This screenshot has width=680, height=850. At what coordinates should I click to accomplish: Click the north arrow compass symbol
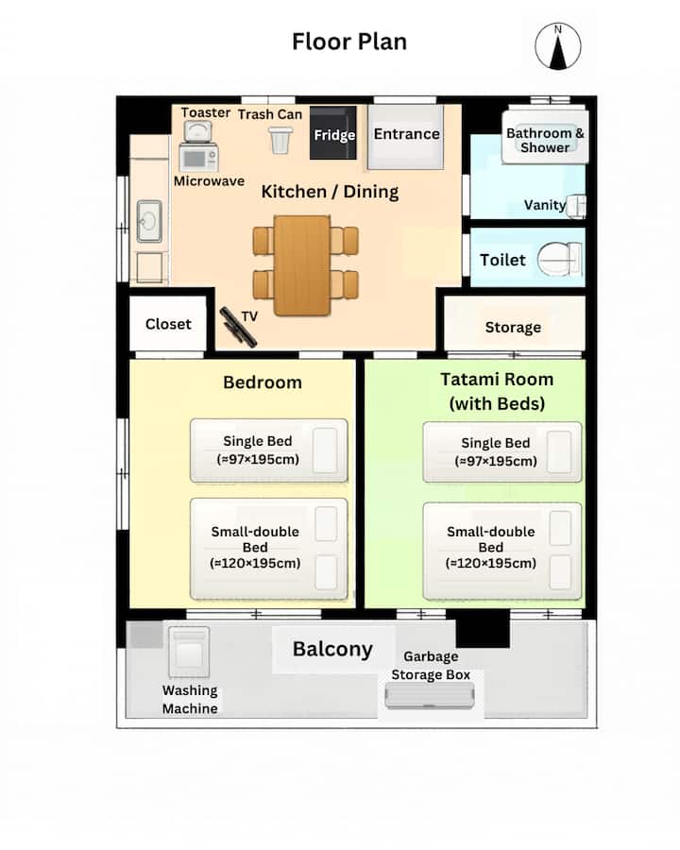point(558,46)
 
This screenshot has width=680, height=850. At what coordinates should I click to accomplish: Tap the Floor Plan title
point(349,42)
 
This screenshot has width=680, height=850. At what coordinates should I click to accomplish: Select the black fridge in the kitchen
point(333,133)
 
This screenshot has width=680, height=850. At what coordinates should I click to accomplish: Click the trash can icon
point(280,140)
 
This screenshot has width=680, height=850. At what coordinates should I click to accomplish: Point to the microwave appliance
point(198,159)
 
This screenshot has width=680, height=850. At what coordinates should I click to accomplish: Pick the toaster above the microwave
point(198,131)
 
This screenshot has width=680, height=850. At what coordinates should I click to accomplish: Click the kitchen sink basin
point(149,221)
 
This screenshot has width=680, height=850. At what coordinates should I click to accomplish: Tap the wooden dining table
point(302,265)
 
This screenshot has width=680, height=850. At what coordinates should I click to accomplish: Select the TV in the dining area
point(237,327)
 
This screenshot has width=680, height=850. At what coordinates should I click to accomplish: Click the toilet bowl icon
point(560,260)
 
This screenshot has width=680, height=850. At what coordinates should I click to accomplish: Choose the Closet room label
point(168,324)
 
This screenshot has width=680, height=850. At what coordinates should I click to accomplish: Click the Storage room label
point(513,328)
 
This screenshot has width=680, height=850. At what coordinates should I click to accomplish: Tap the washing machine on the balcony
point(189,652)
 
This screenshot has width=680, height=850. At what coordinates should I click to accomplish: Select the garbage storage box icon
point(430,696)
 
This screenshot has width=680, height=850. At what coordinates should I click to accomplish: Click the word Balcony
point(332,649)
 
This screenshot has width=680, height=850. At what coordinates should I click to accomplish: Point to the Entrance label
point(407,134)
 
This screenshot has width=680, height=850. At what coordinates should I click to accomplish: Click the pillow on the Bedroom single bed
point(325,450)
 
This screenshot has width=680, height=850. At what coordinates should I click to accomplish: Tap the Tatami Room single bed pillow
point(559,451)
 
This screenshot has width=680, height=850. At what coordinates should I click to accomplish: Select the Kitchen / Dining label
point(330,192)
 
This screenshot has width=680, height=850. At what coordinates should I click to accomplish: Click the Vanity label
point(544,205)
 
